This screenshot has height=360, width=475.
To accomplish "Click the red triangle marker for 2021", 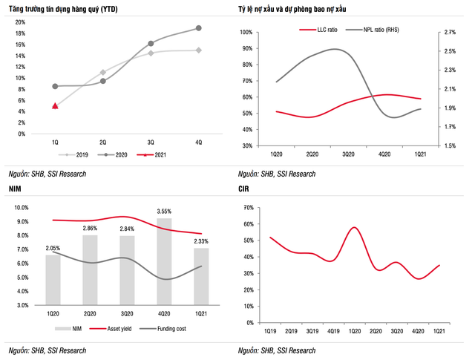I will click(x=55, y=105).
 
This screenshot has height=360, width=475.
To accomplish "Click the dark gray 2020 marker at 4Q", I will click(x=198, y=28).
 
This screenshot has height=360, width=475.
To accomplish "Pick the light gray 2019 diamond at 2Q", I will click(x=102, y=72).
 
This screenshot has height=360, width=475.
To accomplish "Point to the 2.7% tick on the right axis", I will click(x=449, y=33).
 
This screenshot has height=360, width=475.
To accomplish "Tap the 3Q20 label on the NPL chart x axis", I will click(x=347, y=153).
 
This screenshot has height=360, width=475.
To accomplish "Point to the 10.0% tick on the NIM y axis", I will click(x=19, y=209).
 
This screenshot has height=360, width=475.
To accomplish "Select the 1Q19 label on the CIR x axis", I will click(x=270, y=330).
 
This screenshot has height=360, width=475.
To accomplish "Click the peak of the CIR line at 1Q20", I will click(x=355, y=227).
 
